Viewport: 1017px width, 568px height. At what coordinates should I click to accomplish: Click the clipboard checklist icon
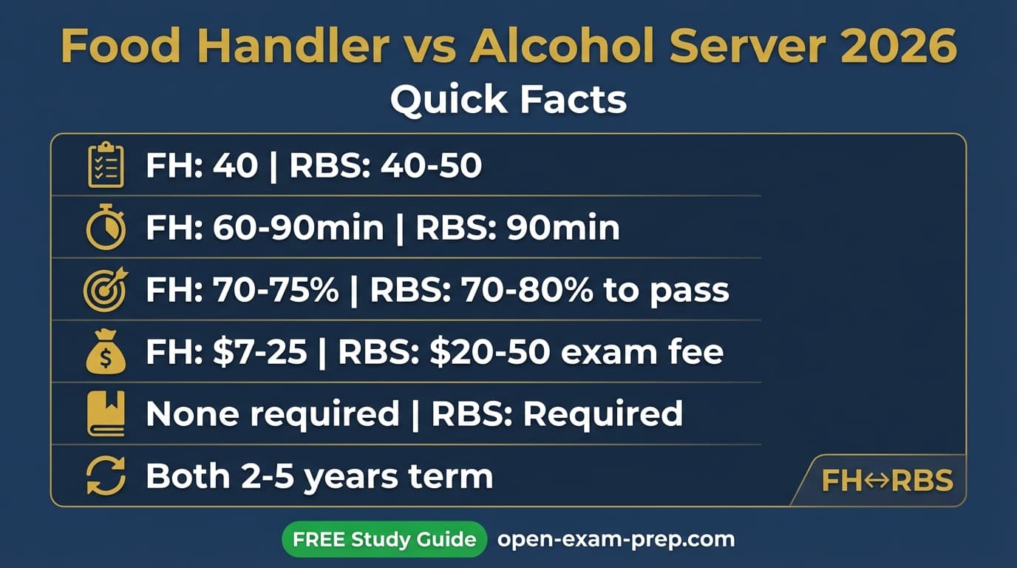point(106,165)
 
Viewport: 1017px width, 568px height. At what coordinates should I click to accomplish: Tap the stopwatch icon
point(105,228)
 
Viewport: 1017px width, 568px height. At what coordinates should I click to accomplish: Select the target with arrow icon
point(105,290)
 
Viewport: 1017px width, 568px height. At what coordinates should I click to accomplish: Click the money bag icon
point(106,352)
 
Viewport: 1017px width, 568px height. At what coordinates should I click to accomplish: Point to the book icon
point(106,414)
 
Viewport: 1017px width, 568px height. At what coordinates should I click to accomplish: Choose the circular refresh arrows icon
point(106,476)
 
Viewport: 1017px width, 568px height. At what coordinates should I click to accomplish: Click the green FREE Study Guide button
point(384,539)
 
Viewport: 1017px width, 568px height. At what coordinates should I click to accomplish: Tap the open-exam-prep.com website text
point(616,539)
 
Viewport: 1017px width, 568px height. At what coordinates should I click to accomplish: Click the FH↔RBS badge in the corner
point(887,481)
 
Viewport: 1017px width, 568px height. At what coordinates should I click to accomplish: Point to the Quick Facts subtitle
point(508,99)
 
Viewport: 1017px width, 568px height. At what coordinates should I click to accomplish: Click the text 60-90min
point(298,229)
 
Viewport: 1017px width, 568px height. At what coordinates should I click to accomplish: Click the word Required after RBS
point(602,414)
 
